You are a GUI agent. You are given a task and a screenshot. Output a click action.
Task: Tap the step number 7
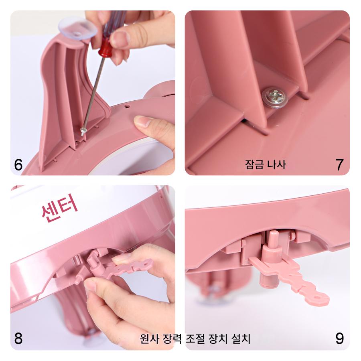point(339,164)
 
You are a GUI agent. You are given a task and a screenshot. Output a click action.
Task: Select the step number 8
point(18,339)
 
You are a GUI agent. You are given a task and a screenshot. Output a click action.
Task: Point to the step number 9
point(339,339)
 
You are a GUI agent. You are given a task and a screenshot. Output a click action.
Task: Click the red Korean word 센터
point(59,208)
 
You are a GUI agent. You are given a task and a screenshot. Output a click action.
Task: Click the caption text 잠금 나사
point(266,164)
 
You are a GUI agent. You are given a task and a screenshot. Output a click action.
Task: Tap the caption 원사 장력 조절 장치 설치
point(195,339)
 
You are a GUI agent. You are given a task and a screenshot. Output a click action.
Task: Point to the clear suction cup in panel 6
point(77,28)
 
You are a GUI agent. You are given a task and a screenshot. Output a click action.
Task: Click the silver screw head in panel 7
point(275,97)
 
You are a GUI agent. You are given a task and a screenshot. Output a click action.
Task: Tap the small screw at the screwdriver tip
point(83,132)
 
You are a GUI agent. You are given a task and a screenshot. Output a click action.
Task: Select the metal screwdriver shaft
point(93,93)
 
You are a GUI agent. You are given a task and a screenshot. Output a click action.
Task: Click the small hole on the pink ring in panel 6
point(127,106)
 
